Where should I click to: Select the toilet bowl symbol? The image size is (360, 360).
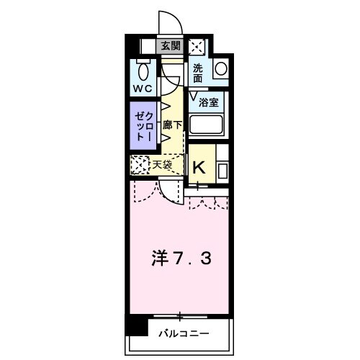(x=143, y=71)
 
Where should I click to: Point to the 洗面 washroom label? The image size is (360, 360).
(x=199, y=73)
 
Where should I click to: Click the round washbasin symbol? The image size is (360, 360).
(x=220, y=70)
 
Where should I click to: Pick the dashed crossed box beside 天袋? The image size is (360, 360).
(x=139, y=165)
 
